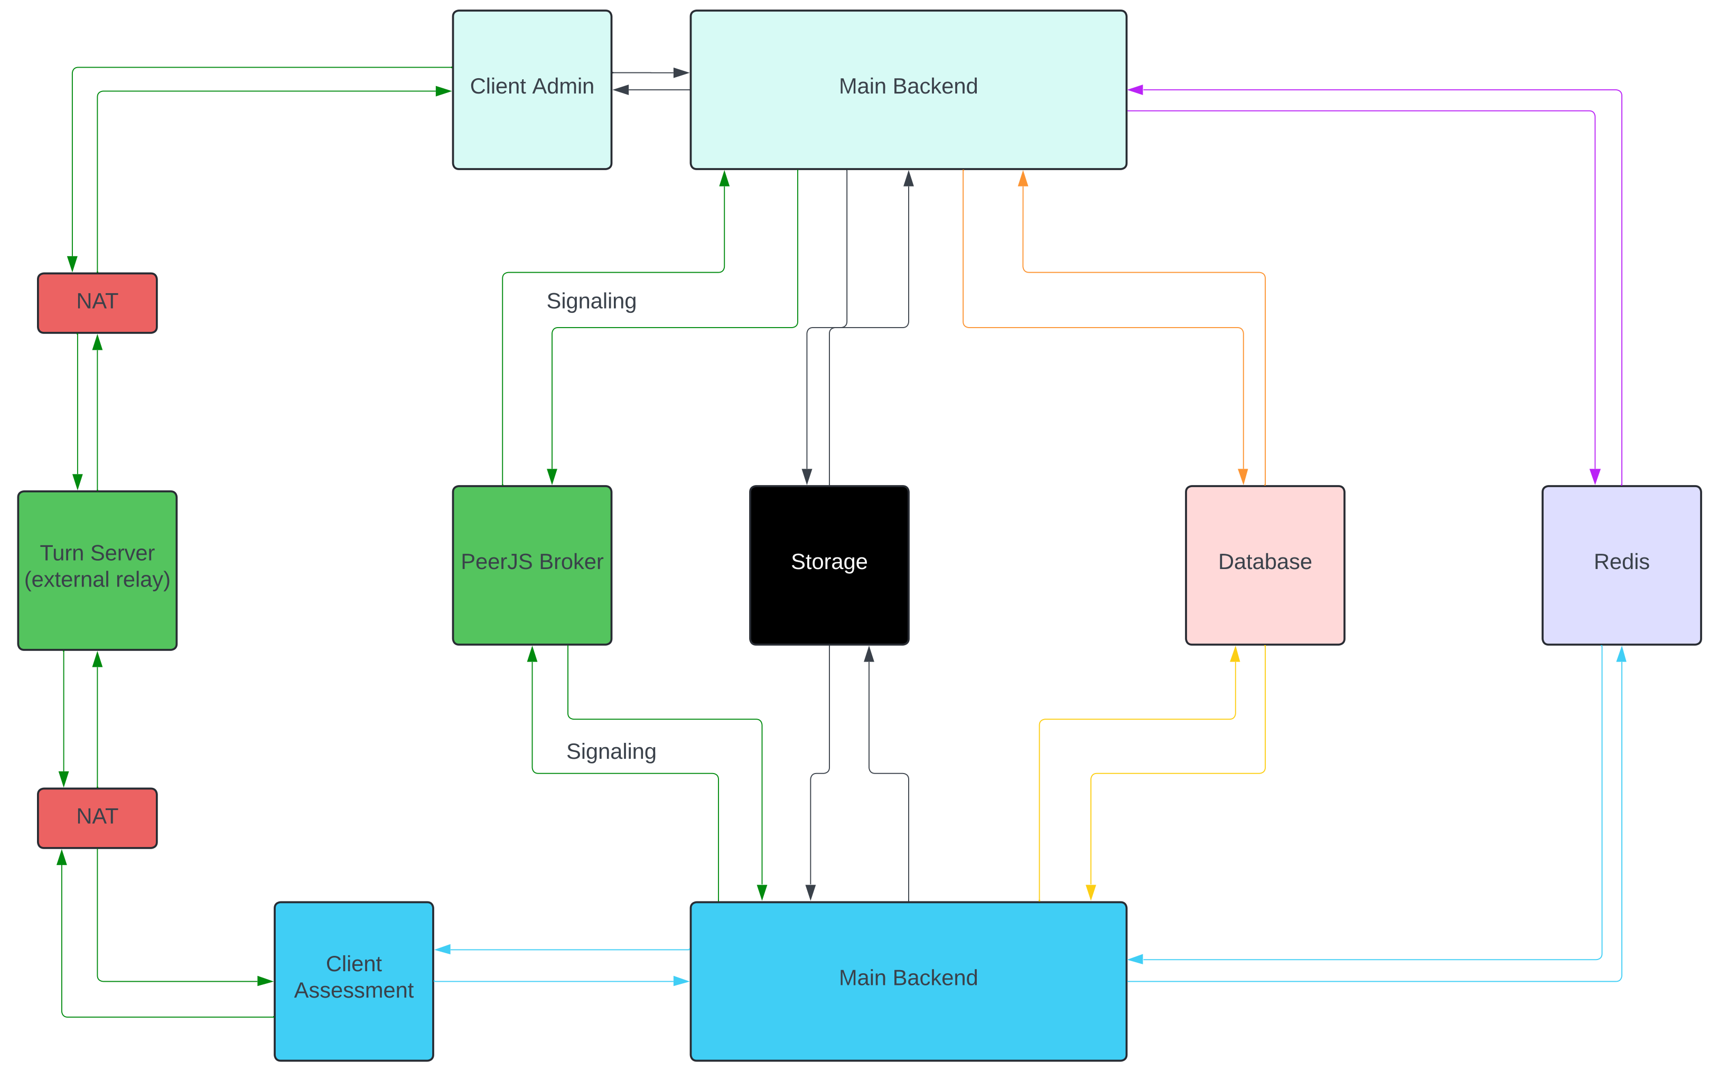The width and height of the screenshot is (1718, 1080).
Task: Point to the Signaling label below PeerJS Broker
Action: [611, 751]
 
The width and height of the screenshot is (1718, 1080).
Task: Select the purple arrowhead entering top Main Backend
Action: [1136, 90]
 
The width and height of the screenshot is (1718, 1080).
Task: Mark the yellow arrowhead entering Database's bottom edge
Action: [1235, 654]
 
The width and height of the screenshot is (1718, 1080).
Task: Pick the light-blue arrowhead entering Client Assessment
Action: [443, 949]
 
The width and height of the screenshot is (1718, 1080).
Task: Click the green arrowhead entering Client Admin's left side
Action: [443, 91]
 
